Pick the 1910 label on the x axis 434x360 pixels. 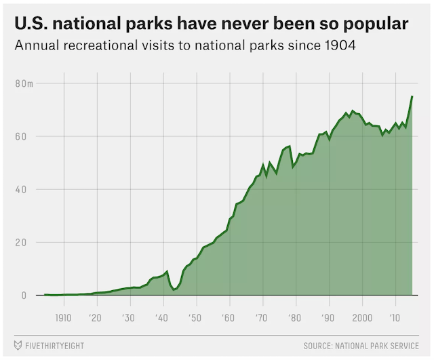(64, 318)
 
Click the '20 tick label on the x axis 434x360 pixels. (97, 318)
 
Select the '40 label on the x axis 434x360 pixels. (162, 318)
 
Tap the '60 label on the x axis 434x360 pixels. (229, 318)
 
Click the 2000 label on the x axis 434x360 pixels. (361, 318)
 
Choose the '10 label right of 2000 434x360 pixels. (394, 318)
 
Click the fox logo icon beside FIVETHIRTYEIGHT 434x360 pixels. (18, 346)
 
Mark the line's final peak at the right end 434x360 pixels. (412, 97)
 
